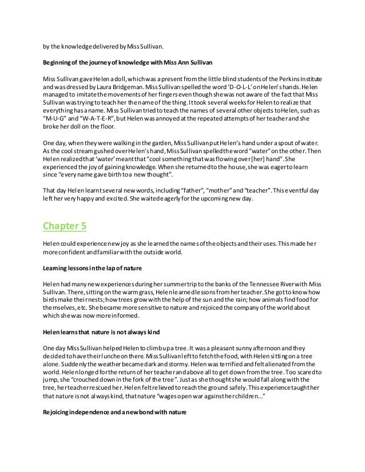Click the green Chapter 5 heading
pos(65,225)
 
